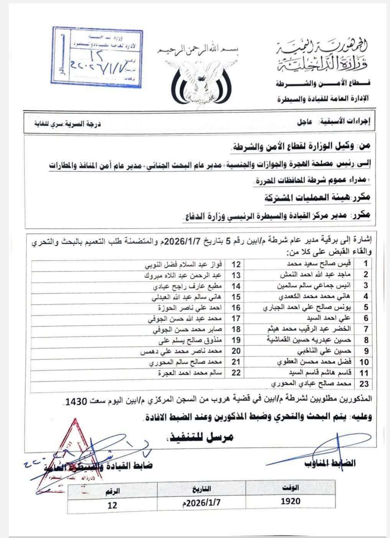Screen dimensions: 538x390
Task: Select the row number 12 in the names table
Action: (x=237, y=264)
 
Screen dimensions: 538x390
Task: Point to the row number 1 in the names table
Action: (x=355, y=264)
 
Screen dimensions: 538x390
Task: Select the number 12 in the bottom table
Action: (x=112, y=505)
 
